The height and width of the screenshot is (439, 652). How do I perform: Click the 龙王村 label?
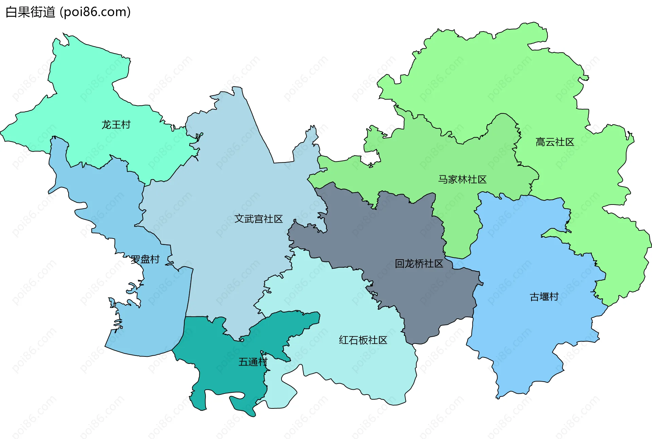116,125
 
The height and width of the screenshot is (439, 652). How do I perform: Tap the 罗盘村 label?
145,260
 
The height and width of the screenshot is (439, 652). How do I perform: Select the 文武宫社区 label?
258,219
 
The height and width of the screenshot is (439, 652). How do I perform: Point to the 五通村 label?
253,362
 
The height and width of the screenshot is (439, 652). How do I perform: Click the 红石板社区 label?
363,340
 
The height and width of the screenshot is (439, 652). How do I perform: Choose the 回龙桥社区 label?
419,264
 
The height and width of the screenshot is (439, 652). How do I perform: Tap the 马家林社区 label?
462,179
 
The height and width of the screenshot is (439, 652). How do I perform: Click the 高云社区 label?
555,142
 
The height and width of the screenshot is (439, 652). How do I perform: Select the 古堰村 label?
544,297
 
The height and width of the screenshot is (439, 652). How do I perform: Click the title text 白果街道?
31,12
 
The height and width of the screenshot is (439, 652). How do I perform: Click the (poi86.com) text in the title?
95,12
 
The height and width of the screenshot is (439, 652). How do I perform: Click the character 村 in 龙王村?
126,125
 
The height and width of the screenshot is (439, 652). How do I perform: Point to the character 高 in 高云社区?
540,142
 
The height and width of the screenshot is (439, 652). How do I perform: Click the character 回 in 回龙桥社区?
400,264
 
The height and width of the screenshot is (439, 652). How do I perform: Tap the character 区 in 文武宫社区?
278,219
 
